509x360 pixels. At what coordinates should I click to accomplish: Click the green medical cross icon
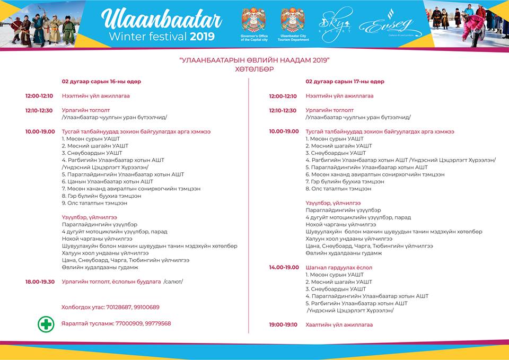[46, 324]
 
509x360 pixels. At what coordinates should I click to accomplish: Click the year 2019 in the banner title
[202, 37]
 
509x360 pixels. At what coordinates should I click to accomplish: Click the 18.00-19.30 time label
[40, 282]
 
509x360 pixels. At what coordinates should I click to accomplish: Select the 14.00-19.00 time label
[284, 268]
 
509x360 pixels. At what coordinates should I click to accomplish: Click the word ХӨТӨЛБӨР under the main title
[254, 69]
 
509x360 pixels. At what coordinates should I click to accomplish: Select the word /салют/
[173, 282]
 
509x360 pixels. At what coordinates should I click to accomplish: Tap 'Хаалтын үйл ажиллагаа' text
[339, 324]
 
